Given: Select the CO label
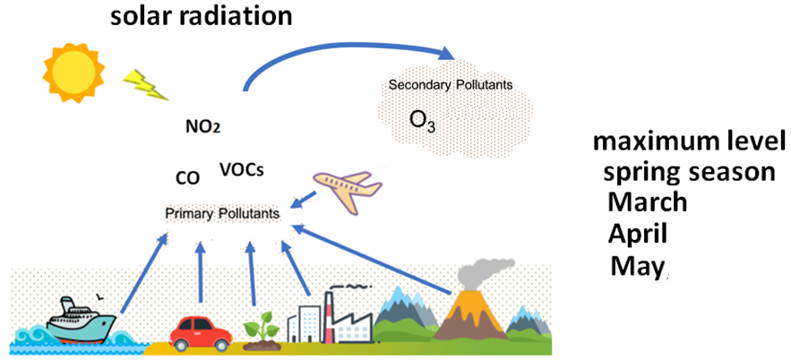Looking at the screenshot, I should (187, 178).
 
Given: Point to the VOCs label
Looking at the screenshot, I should (241, 168).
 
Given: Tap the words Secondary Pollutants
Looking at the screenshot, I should (450, 85).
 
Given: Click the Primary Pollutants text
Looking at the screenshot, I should (222, 214).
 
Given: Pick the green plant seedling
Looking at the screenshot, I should (254, 325).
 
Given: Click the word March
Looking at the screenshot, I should (647, 201).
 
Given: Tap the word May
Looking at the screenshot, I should (636, 265).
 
